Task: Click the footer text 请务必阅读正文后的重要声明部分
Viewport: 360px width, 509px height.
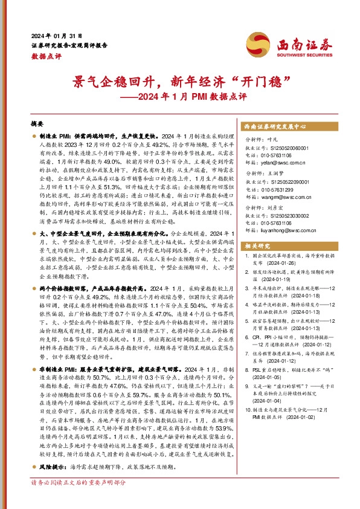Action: (79, 500)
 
